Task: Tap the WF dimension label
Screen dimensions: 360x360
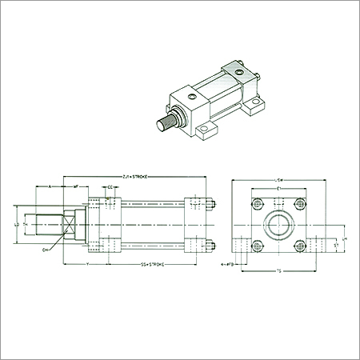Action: [x=76, y=186]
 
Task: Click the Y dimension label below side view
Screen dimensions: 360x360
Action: [x=86, y=263]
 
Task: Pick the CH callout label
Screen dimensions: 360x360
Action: [x=46, y=250]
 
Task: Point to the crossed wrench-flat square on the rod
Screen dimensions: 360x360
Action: [x=69, y=225]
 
